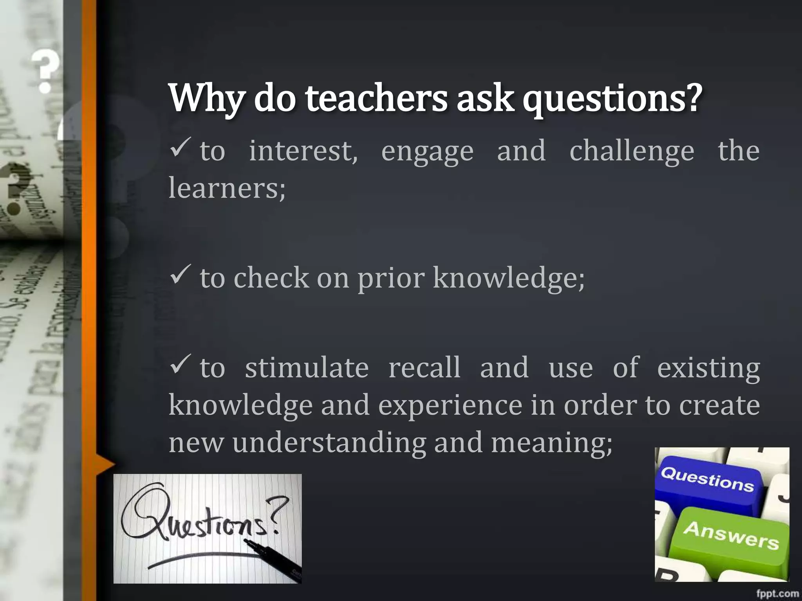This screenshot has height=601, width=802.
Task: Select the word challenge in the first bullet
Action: pyautogui.click(x=631, y=151)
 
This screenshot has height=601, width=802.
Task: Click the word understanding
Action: pyautogui.click(x=329, y=443)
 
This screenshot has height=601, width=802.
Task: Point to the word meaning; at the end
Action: pyautogui.click(x=551, y=443)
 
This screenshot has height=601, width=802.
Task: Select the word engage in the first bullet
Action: pyautogui.click(x=427, y=151)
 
